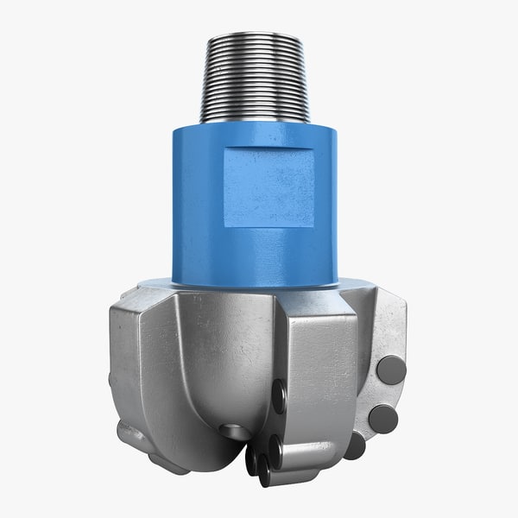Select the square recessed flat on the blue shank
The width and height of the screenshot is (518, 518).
(268, 186)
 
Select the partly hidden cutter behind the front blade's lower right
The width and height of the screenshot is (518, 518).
(354, 445)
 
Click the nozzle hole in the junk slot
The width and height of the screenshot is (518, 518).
(233, 430)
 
